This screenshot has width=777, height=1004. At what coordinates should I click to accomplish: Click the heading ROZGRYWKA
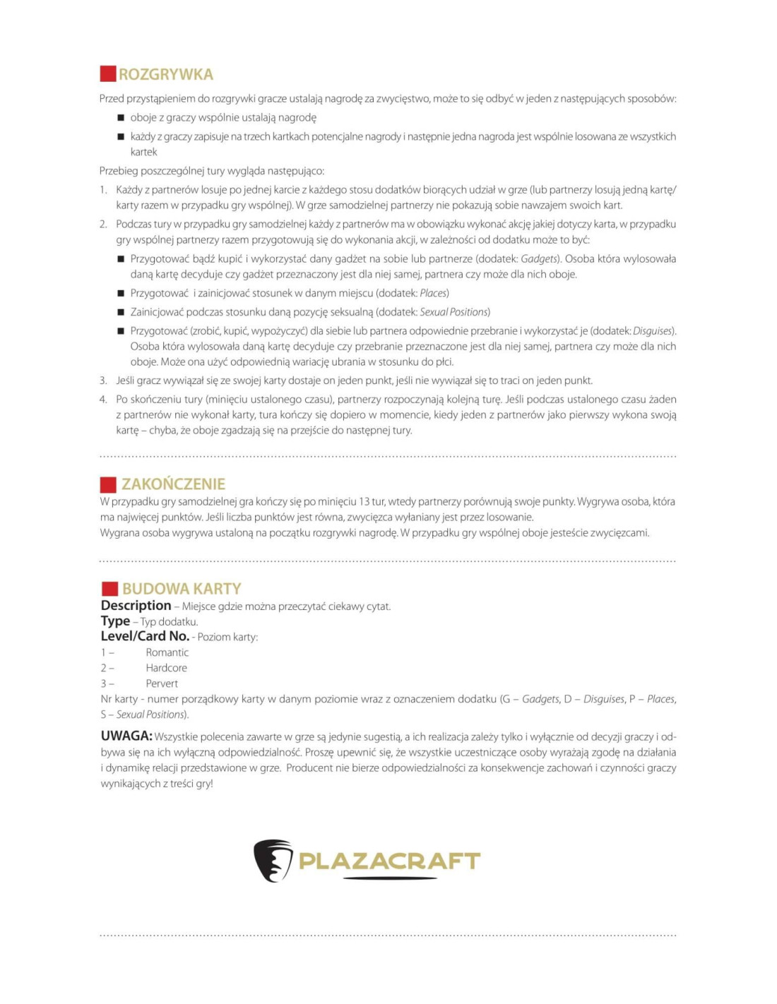165,74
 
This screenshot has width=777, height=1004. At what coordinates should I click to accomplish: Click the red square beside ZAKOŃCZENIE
108,484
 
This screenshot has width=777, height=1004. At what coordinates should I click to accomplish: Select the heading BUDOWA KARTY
182,589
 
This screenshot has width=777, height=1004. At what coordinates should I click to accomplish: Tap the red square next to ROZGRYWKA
108,74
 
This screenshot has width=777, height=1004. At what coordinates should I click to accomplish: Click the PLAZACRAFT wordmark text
389,861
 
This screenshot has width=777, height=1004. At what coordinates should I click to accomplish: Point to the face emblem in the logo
273,860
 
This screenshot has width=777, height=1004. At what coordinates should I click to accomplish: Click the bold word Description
136,606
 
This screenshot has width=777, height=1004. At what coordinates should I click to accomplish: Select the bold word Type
115,621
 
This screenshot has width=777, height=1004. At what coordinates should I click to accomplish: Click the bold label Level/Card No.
145,636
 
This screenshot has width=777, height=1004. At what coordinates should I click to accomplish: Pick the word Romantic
167,652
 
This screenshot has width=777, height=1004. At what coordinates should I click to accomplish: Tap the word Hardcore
167,668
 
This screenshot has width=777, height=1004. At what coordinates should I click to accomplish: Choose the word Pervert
162,683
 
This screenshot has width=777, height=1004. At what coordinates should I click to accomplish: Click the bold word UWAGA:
126,736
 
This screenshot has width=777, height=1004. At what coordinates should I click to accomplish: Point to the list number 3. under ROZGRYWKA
103,381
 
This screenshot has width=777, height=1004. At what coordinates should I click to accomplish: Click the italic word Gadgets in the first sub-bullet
540,259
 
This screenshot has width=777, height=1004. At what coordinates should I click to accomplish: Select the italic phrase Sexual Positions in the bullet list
454,312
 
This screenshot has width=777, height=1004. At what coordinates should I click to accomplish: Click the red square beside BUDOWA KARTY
109,589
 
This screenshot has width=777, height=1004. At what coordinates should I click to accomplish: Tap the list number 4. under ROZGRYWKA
103,400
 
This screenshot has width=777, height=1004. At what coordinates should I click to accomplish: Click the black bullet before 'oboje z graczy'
121,118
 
